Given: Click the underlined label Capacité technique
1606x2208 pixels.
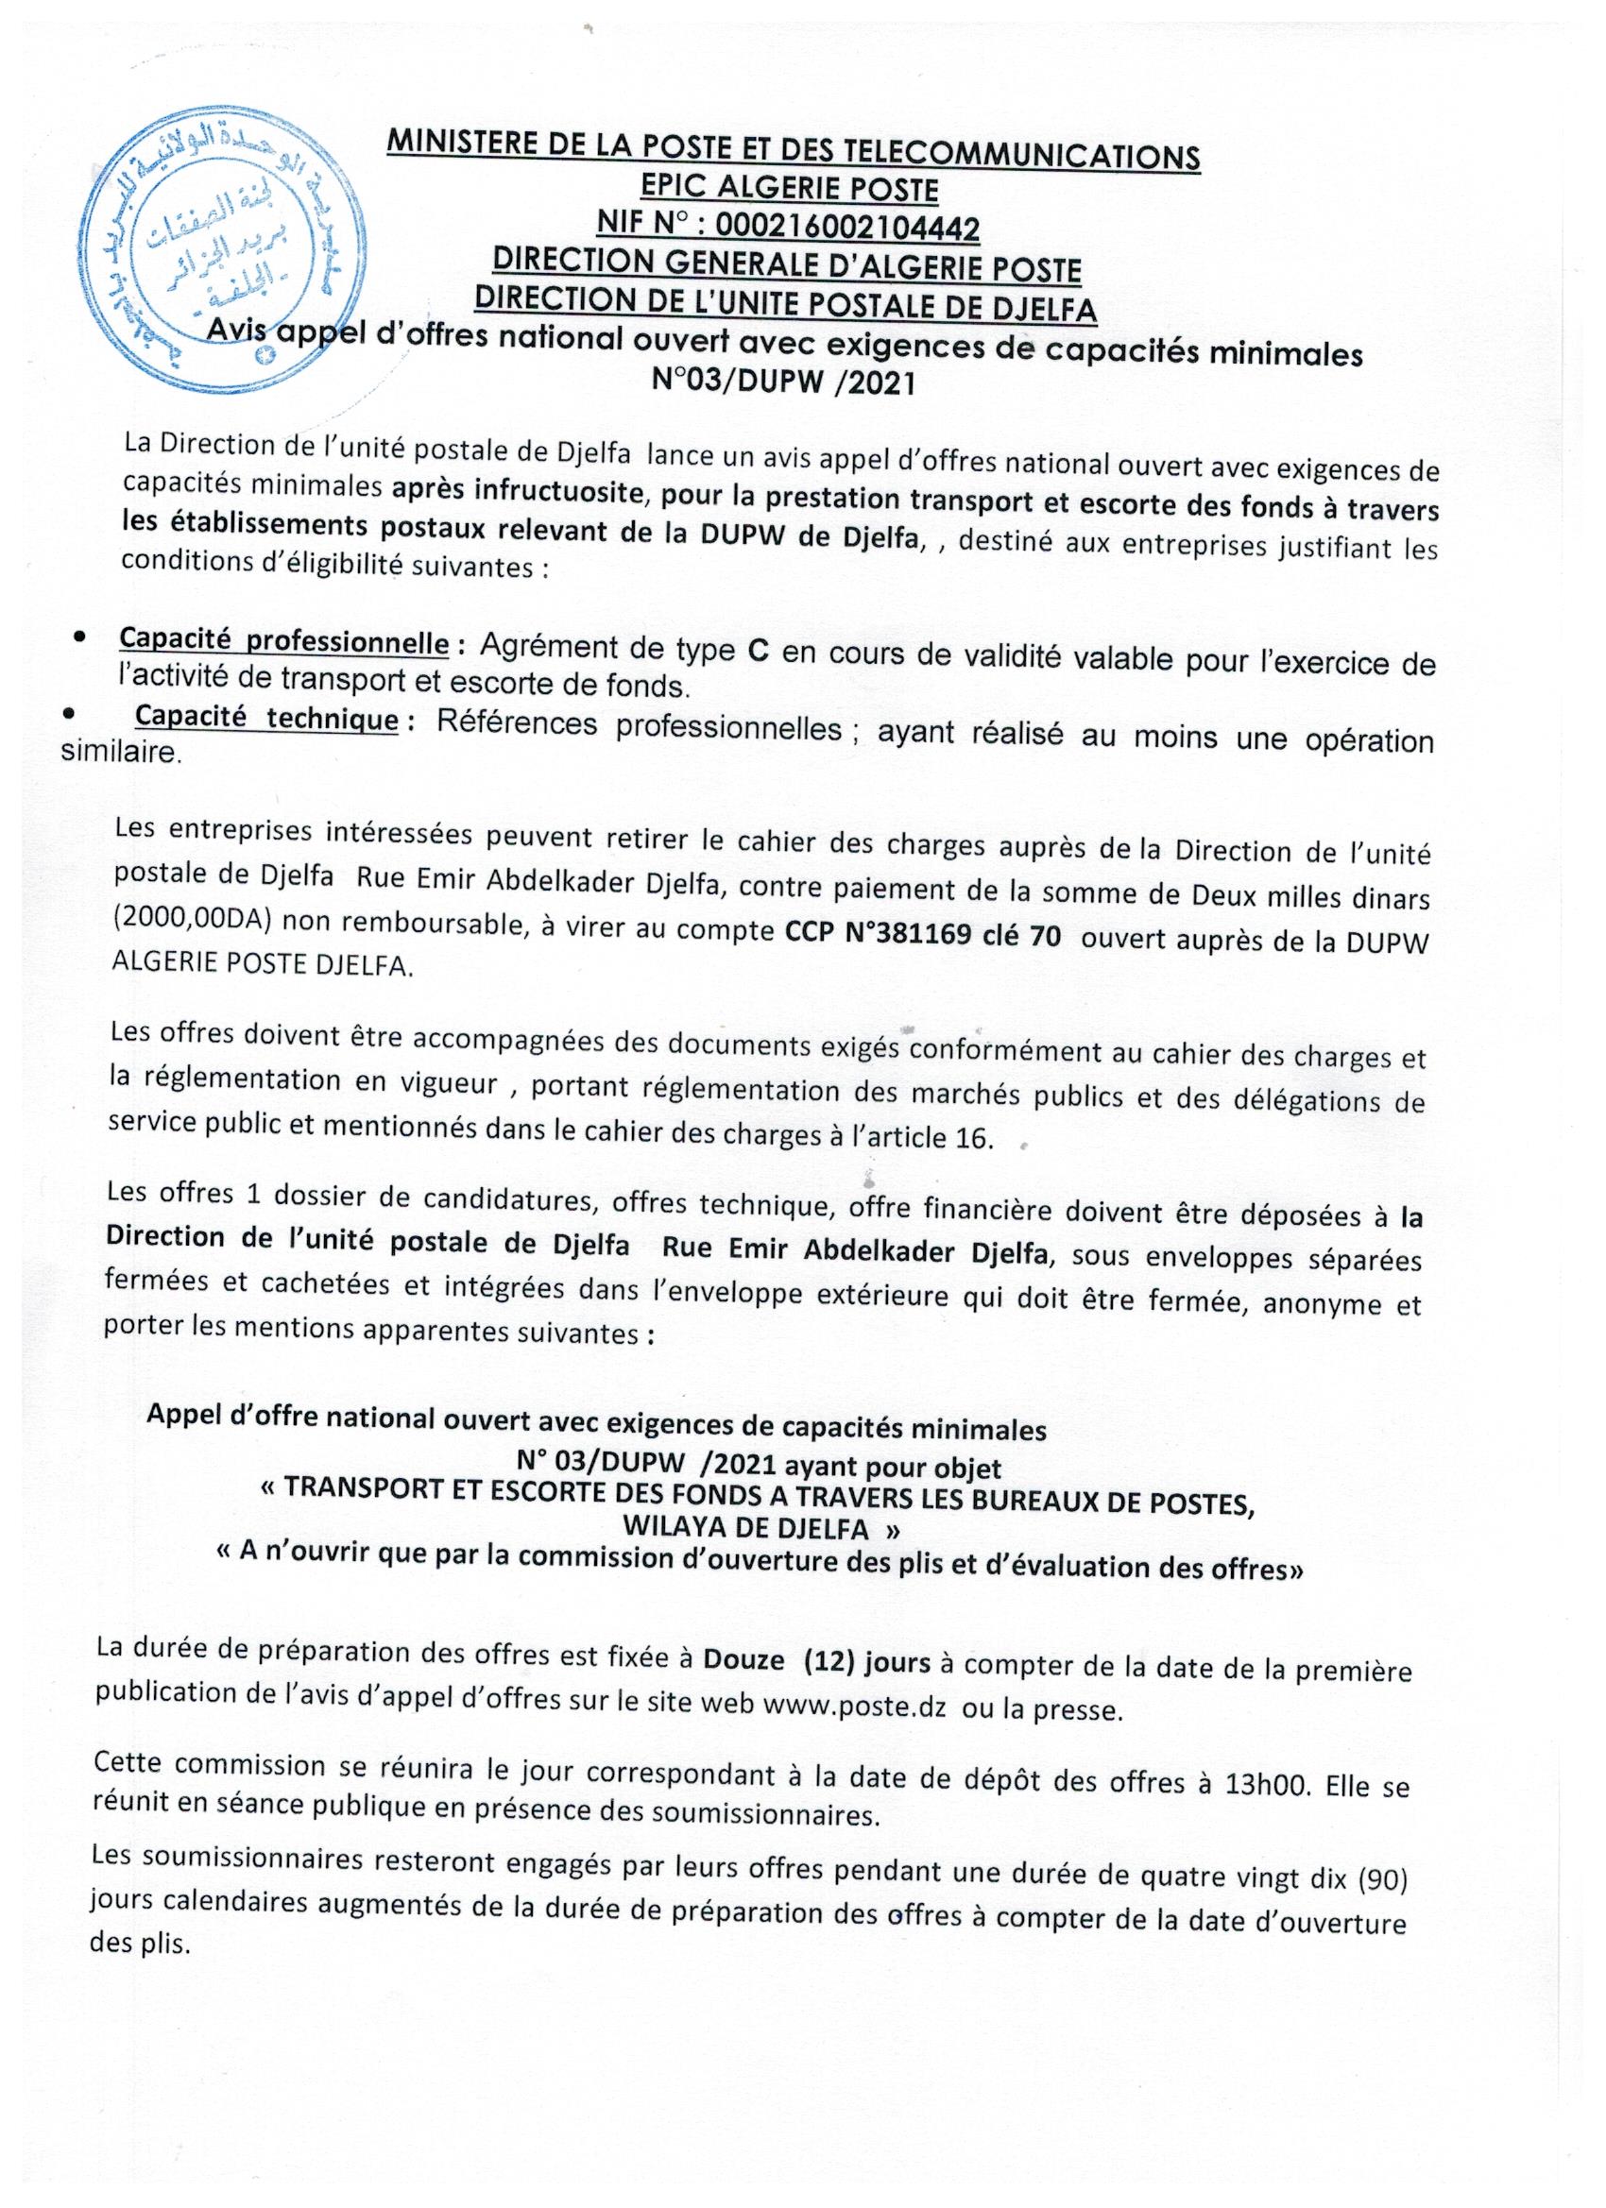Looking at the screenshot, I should [266, 718].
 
